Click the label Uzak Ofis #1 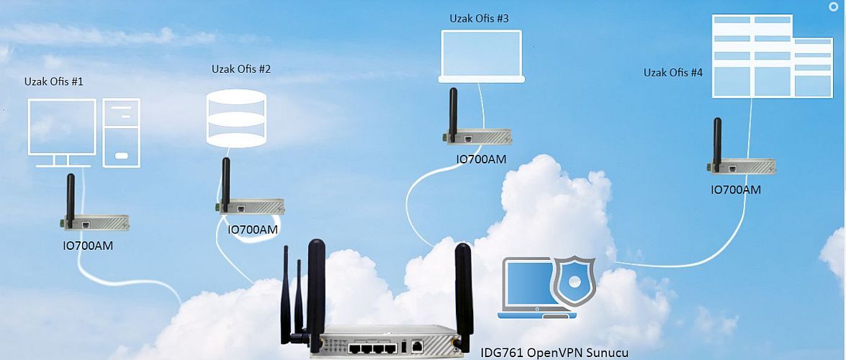(53, 81)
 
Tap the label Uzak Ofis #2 (240, 69)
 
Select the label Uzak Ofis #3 (479, 18)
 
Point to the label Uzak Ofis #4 (673, 73)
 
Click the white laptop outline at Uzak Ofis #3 (481, 55)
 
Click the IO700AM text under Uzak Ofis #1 (88, 246)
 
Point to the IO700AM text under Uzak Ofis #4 (735, 190)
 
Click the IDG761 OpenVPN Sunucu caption (554, 353)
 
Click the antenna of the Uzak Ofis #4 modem (717, 141)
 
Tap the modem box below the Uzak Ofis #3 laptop (477, 136)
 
